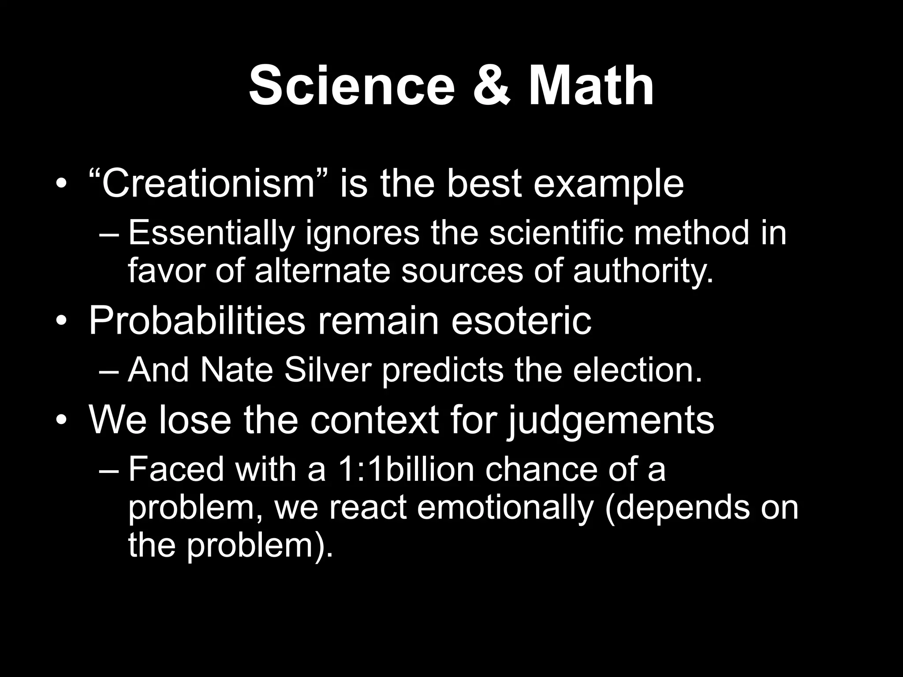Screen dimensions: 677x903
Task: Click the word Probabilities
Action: (x=197, y=320)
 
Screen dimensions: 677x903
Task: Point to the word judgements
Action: (x=610, y=419)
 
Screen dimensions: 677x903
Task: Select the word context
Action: (x=374, y=419)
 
